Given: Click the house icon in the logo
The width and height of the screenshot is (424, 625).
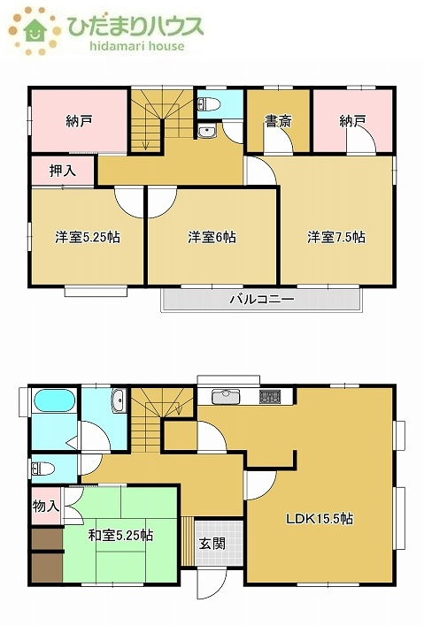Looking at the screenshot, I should click(36, 30).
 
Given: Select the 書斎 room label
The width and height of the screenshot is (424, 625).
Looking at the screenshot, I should click(278, 121).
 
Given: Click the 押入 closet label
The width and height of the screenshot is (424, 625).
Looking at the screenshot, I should click(62, 170).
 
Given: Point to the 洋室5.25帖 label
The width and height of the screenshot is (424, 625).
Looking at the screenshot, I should click(88, 237).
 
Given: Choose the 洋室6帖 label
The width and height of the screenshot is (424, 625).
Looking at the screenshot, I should click(212, 237).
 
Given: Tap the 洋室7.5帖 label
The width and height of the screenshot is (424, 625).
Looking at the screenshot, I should click(336, 237).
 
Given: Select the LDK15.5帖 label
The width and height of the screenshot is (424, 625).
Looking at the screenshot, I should click(319, 518).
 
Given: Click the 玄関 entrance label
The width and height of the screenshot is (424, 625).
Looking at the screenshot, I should click(211, 543).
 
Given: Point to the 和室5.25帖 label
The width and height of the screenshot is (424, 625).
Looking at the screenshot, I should click(120, 535).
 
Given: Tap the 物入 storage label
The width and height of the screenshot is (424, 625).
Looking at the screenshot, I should click(46, 507).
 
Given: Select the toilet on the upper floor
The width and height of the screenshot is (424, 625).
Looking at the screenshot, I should click(209, 105).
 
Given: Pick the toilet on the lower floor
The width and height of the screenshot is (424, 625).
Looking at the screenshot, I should click(42, 466).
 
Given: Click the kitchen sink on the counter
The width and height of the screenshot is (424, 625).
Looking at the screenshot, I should click(226, 395).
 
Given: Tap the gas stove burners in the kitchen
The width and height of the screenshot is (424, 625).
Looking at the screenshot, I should click(269, 396).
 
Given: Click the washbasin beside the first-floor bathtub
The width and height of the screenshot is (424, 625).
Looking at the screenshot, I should click(119, 404).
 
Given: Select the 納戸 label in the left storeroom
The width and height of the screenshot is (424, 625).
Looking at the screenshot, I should click(79, 121).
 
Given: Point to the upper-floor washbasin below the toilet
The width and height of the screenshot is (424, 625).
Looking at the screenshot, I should click(208, 133).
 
